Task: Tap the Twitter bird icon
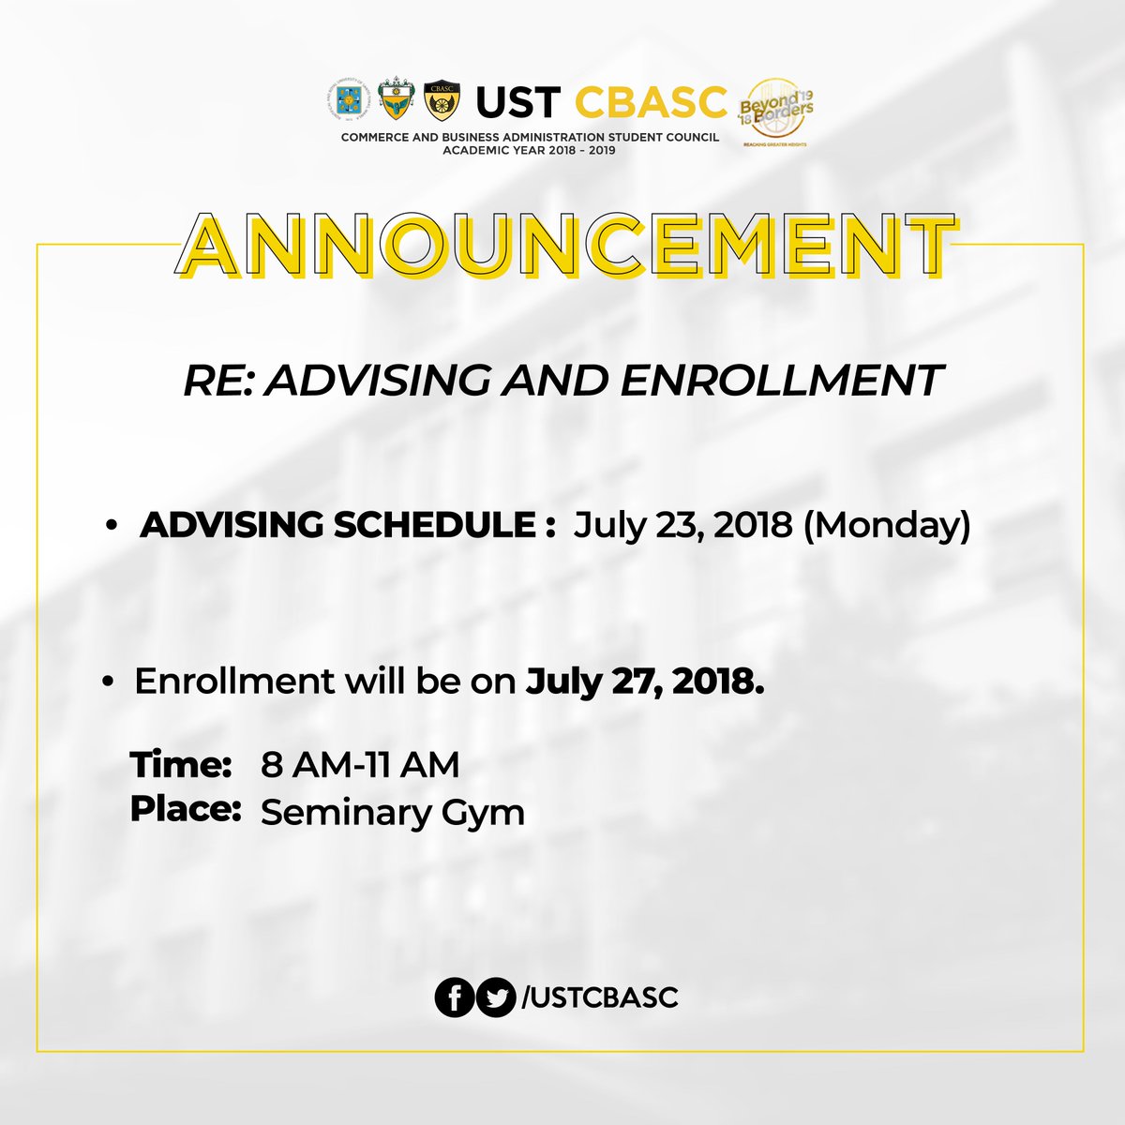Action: (x=496, y=997)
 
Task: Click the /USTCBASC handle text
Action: (x=598, y=997)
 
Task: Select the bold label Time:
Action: (x=181, y=764)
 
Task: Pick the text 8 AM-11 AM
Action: (x=361, y=765)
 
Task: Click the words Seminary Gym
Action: (x=392, y=812)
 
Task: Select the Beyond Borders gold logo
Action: (x=775, y=111)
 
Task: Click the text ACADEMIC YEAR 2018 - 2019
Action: (x=529, y=150)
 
